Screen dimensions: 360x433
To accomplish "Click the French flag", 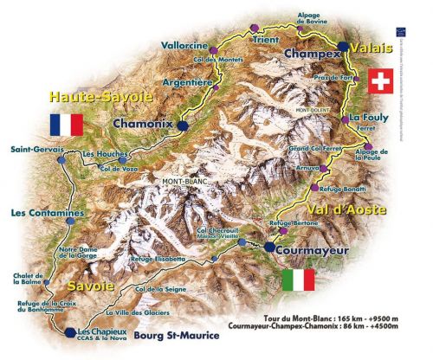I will [x=66, y=124].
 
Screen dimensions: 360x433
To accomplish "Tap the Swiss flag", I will [x=379, y=81].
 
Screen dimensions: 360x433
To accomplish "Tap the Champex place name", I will [x=311, y=53].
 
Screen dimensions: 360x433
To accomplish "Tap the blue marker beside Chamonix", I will [x=183, y=125].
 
